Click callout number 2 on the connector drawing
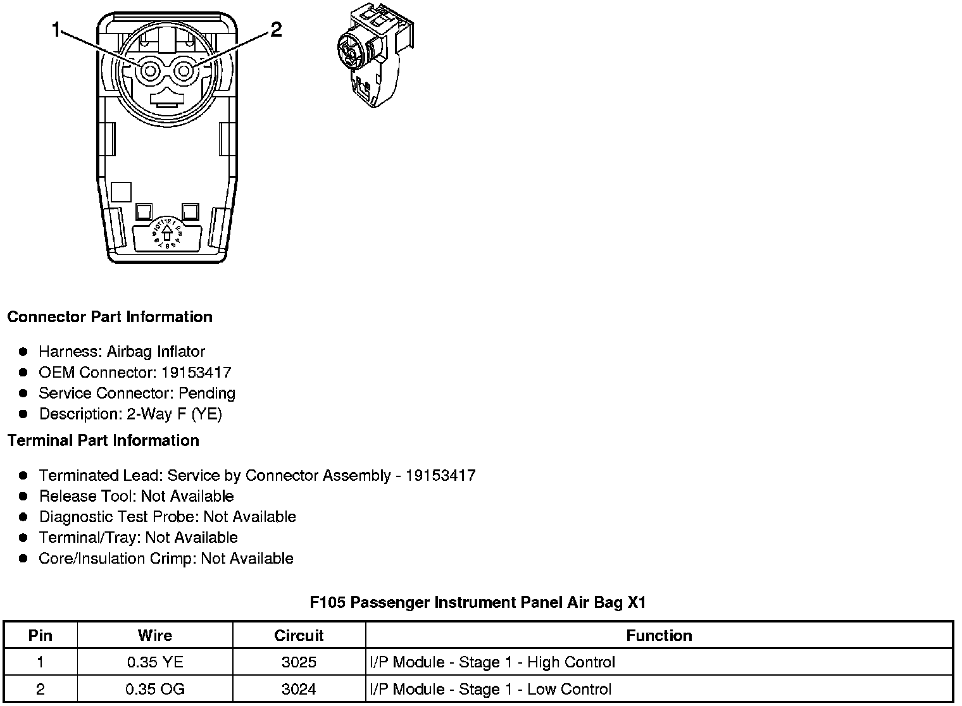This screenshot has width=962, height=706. point(276,29)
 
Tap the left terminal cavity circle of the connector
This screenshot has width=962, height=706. point(150,71)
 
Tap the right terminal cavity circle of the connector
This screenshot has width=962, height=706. point(184,71)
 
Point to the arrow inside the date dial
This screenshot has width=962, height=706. point(167,233)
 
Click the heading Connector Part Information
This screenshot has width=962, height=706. point(109,317)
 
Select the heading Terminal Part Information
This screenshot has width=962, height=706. point(103,440)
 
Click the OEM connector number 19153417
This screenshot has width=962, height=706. point(196,373)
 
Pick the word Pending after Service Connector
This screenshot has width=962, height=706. point(207,393)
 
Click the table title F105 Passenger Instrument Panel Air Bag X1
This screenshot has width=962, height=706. point(478,602)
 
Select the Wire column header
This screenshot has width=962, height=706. point(155,635)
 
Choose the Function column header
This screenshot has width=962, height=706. point(659,635)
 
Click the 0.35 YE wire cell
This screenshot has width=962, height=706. point(155,662)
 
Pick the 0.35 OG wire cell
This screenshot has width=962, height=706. point(155,689)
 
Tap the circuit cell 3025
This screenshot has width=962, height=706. point(299,662)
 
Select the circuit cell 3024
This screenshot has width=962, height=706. point(299,689)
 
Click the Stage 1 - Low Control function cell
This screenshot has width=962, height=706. point(490,689)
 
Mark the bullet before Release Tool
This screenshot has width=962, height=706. point(24,497)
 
